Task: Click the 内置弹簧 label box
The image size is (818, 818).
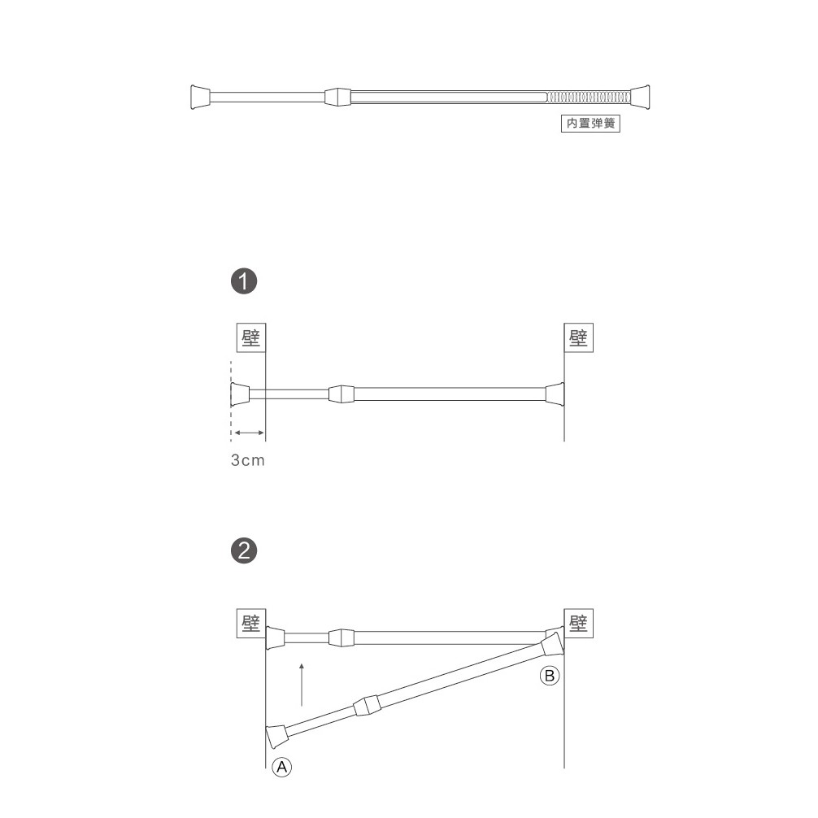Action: pyautogui.click(x=590, y=124)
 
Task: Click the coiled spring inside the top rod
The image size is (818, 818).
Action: pyautogui.click(x=589, y=97)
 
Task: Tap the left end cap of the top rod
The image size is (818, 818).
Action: pyautogui.click(x=200, y=97)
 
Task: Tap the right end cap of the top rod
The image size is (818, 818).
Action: pyautogui.click(x=640, y=97)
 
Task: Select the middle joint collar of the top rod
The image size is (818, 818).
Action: pyautogui.click(x=337, y=97)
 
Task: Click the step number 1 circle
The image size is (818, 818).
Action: pyautogui.click(x=244, y=281)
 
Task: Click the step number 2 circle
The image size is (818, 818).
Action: pyautogui.click(x=244, y=550)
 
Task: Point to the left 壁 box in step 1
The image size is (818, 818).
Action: pyautogui.click(x=251, y=337)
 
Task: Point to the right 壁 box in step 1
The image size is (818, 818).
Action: pyautogui.click(x=579, y=337)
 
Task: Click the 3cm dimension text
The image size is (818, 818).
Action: pyautogui.click(x=248, y=460)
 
